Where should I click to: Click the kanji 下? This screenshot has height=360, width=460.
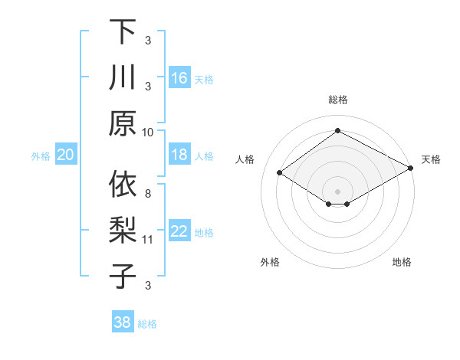coord(123,31)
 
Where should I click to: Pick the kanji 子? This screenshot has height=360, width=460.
coord(123,276)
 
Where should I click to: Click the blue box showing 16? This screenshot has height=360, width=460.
coord(179,78)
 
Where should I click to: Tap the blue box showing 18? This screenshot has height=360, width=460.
coord(179,155)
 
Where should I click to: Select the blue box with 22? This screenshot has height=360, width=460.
coord(179,231)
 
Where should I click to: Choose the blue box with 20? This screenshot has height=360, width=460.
coord(65,155)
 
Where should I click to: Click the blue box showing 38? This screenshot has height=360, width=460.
coord(123,322)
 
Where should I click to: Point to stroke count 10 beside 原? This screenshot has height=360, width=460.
coord(148,132)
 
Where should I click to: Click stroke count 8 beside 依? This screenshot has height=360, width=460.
coord(148,194)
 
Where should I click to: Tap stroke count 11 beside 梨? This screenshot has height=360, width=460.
coord(149,240)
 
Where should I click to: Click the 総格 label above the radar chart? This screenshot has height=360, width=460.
coord(337,100)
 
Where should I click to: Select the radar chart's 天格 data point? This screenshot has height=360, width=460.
coord(411,169)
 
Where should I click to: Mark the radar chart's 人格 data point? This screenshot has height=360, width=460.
coord(280,173)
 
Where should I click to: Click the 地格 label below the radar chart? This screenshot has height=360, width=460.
coord(402,263)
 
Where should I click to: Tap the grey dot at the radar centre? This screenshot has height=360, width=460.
coord(337,190)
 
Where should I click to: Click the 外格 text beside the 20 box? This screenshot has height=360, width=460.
coord(41,156)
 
